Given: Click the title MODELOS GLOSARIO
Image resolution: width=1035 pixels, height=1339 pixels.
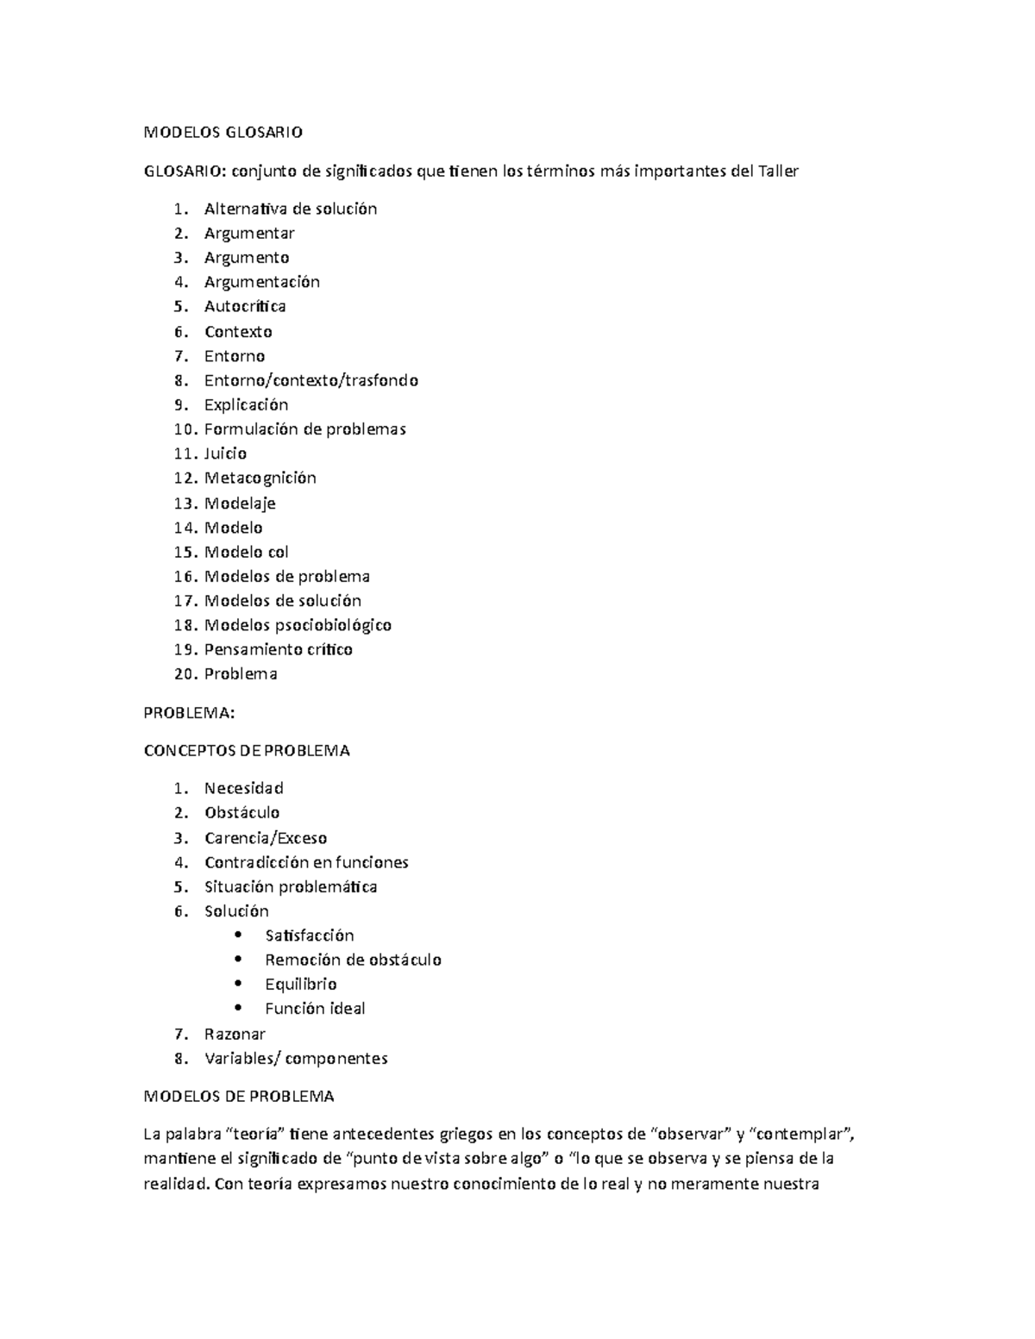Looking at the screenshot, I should coord(223,133).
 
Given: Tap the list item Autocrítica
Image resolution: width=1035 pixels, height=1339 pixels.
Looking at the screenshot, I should coord(245,306).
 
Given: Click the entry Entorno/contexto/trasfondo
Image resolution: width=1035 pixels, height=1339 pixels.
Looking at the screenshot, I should coord(310,380).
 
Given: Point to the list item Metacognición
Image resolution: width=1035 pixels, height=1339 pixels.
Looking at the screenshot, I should coord(260,478).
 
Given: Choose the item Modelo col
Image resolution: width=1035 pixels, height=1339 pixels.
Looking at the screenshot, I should coord(246,552).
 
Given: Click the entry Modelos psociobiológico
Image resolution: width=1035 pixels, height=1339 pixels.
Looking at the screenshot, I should coord(298,625).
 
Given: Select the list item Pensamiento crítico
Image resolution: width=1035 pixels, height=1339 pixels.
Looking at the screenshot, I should coord(278,649).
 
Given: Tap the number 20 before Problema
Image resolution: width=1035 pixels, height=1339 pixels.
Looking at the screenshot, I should coord(185,674).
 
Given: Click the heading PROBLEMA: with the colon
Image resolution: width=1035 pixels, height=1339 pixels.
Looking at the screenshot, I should coord(188,713).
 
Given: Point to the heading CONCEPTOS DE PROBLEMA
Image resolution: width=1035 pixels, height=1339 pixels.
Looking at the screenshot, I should coord(246,750).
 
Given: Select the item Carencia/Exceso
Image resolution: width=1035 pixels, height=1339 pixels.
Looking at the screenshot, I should coord(265,838).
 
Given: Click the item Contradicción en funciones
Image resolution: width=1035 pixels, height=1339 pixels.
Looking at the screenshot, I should coord(305,862).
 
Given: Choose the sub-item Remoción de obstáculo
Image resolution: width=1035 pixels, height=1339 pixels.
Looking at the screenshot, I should coord(353,960).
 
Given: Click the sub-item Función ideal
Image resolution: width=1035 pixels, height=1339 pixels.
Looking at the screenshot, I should coord(315,1009).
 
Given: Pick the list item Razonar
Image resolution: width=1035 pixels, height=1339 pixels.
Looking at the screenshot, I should coord(235,1034).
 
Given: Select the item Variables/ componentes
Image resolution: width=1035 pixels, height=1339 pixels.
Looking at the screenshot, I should coord(295,1059).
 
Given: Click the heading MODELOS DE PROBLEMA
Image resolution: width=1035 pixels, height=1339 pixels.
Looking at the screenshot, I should coord(238,1097).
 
